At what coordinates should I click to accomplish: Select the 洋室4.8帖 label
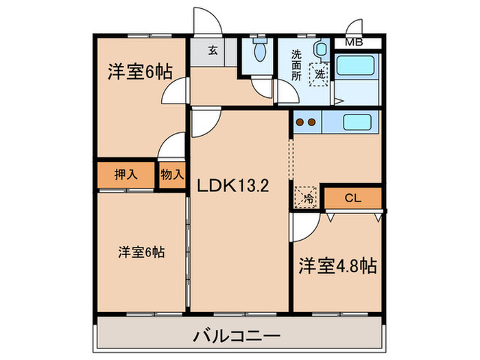[x=337, y=266]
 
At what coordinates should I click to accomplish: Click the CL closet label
[x=352, y=198]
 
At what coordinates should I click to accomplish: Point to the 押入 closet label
[x=125, y=174]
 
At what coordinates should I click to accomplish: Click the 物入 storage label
[x=171, y=174]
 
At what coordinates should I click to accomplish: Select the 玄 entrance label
[x=213, y=50]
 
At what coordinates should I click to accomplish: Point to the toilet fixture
[x=260, y=51]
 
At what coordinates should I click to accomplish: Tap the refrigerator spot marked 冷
[x=307, y=197]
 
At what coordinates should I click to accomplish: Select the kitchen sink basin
[x=357, y=123]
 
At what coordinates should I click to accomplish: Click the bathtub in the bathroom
[x=358, y=65]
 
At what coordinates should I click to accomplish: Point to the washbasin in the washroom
[x=320, y=50]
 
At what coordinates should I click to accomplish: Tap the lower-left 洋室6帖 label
[x=140, y=252]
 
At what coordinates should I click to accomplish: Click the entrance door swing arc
[x=206, y=19]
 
